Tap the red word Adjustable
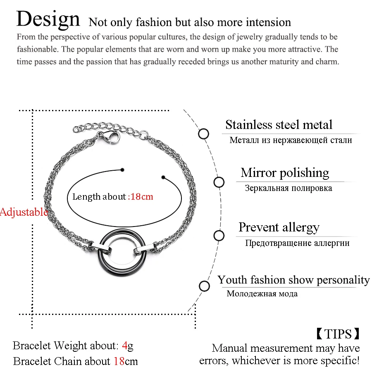[x=24, y=212]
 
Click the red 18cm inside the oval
[x=142, y=196]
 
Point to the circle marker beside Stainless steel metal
[x=203, y=134]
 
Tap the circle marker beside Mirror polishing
[x=219, y=182]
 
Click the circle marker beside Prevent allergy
[x=219, y=236]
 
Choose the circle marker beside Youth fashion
[x=204, y=286]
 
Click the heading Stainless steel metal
[x=279, y=124]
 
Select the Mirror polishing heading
[x=285, y=173]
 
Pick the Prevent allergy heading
[x=279, y=227]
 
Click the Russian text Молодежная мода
[x=262, y=294]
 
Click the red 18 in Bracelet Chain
[x=119, y=361]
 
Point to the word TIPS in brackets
[x=338, y=334]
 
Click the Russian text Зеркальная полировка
[x=288, y=188]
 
